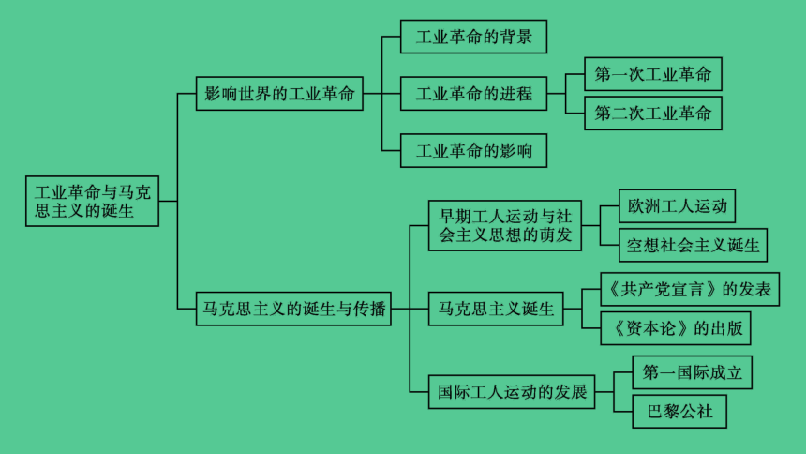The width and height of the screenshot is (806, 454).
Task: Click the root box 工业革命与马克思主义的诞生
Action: coord(92,202)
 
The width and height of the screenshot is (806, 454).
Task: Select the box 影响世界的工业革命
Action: coord(279,94)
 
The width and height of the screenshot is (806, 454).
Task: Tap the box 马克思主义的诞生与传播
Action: coord(293,309)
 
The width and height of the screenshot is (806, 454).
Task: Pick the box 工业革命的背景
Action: coord(473,37)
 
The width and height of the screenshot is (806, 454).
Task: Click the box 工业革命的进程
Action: coord(473,94)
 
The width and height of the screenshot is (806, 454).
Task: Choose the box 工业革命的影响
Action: coord(473,151)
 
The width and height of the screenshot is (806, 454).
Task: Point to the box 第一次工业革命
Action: coord(653,74)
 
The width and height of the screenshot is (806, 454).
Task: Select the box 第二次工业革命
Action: coord(653,113)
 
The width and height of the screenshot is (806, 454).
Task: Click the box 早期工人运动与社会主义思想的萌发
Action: coord(505,226)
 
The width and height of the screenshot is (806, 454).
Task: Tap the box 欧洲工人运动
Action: coord(677,206)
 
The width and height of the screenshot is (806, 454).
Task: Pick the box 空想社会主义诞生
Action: coord(693,245)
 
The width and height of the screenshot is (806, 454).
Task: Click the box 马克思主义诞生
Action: coord(496,309)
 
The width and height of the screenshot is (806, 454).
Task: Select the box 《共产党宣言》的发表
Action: coord(690,289)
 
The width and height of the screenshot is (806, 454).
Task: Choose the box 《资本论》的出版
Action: coord(676,328)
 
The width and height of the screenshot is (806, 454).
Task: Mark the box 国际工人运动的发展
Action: coord(512,392)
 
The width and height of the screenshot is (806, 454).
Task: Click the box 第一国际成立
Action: coord(692,372)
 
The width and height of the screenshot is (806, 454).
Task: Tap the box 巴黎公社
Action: coord(679,412)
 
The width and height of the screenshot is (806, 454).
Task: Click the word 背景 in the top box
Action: coord(516,37)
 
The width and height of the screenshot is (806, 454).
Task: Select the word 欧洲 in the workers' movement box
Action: coord(644,206)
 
